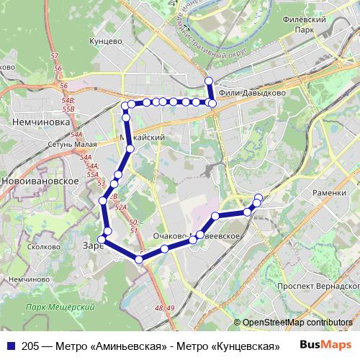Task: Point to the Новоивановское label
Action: pos(40,181)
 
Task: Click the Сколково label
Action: pos(45,247)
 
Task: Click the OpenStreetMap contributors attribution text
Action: pos(297,323)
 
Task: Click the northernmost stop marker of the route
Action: pos(209,81)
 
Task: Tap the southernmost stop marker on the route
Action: pos(139,258)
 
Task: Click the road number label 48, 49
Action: pos(165,308)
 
